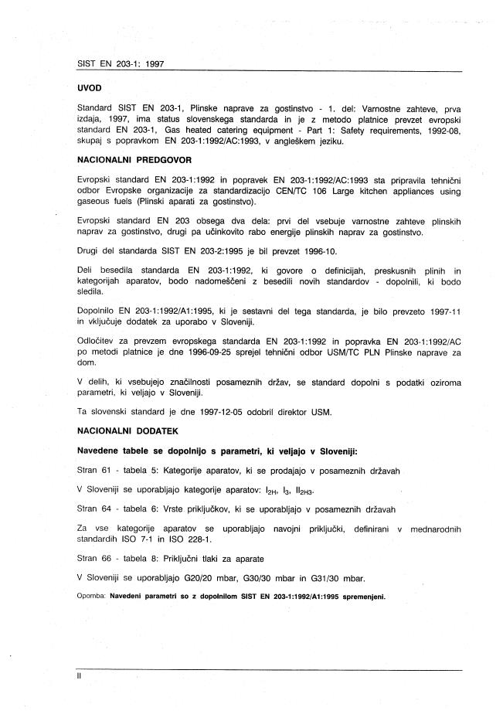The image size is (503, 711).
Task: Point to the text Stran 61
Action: pos(93,471)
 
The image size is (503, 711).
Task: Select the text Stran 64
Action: pos(93,509)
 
